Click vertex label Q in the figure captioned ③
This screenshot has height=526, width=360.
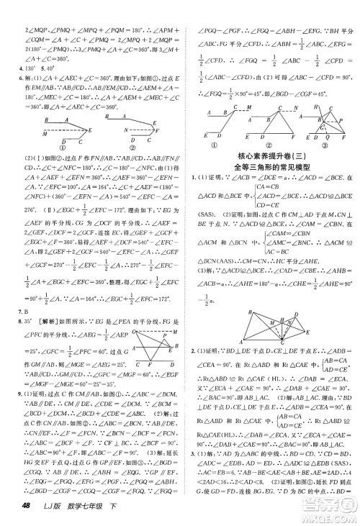click(325, 135)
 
